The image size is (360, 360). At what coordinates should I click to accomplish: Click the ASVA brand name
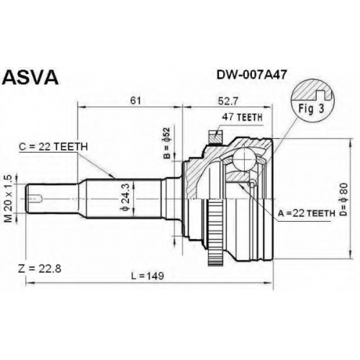click(30, 78)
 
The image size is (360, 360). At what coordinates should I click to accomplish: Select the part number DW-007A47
click(251, 75)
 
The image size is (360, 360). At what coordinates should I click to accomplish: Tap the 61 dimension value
click(135, 101)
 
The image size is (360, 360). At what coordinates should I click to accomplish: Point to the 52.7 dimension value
click(228, 102)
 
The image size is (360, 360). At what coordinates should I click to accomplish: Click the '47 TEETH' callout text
click(242, 117)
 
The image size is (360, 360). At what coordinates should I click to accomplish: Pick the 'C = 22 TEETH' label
click(53, 147)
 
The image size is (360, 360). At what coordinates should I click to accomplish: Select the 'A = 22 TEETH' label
click(307, 213)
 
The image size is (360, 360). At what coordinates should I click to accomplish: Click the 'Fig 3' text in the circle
click(311, 109)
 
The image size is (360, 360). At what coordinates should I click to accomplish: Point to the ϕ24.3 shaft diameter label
click(125, 197)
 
